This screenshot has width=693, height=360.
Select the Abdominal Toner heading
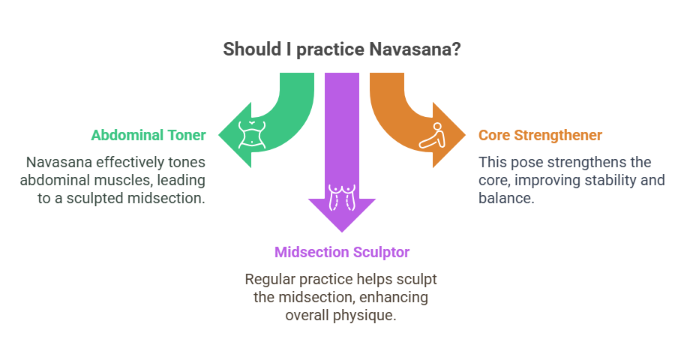tap(148, 136)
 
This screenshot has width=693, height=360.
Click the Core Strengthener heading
tap(540, 136)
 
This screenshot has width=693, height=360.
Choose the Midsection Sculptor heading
tap(341, 251)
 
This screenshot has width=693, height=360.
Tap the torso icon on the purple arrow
tap(341, 196)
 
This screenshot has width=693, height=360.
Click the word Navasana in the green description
tap(59, 162)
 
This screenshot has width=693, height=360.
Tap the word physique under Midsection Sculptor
tap(364, 315)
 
